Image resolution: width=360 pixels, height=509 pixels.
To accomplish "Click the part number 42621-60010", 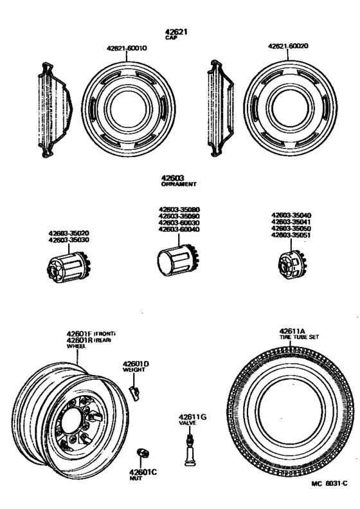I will (x=127, y=48).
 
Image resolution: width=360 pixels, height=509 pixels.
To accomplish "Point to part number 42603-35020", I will (x=69, y=234).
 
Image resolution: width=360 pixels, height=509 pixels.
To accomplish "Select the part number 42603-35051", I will (x=291, y=236).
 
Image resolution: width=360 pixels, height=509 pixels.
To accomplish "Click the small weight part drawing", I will (x=134, y=393).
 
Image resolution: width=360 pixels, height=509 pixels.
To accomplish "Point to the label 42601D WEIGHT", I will (x=136, y=367).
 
